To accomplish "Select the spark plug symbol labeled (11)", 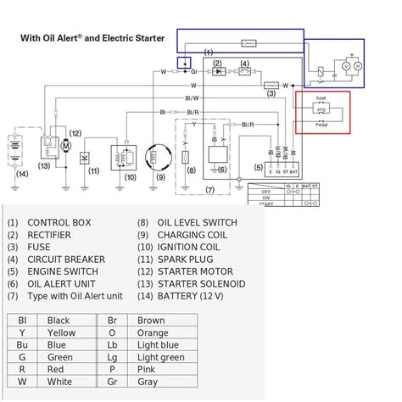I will [x=85, y=157].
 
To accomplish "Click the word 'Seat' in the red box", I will [x=321, y=99].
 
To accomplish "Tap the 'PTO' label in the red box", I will [x=321, y=110].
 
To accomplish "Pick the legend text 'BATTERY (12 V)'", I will [x=198, y=295].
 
